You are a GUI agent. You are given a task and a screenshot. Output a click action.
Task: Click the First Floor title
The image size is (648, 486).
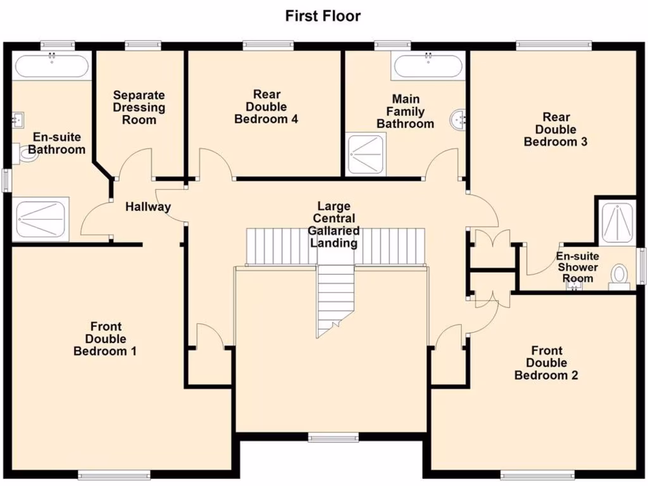click(323, 16)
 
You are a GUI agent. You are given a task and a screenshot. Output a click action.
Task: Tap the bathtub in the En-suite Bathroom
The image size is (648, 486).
click(51, 66)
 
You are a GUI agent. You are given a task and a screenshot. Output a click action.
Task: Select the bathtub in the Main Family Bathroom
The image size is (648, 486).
click(428, 66)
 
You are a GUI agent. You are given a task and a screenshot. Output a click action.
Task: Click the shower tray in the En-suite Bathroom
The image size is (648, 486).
click(42, 219)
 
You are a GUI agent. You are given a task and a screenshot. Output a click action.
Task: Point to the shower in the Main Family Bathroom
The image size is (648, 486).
click(365, 153)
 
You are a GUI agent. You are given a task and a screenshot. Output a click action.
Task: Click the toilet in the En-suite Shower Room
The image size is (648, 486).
click(618, 277)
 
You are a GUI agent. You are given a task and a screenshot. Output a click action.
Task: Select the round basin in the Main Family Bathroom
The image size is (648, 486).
click(459, 118)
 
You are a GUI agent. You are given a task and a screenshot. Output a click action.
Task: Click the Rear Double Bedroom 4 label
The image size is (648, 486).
click(266, 106)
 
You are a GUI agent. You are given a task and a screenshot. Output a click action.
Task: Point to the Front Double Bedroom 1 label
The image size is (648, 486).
click(105, 339)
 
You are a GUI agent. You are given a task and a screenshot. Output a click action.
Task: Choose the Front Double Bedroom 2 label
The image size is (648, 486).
click(545, 363)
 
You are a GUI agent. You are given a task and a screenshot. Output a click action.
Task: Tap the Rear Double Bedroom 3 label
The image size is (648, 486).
click(555, 129)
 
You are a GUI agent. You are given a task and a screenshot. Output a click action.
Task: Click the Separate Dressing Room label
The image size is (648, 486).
click(139, 107)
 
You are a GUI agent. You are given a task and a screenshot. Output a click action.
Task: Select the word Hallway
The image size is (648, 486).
click(147, 206)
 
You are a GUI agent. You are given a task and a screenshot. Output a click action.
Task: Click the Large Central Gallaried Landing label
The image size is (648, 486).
click(333, 225)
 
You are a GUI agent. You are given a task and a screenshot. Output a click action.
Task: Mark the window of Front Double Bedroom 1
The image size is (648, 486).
click(114, 474)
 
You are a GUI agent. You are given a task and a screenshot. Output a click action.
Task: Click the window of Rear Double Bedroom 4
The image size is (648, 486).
click(268, 44)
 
